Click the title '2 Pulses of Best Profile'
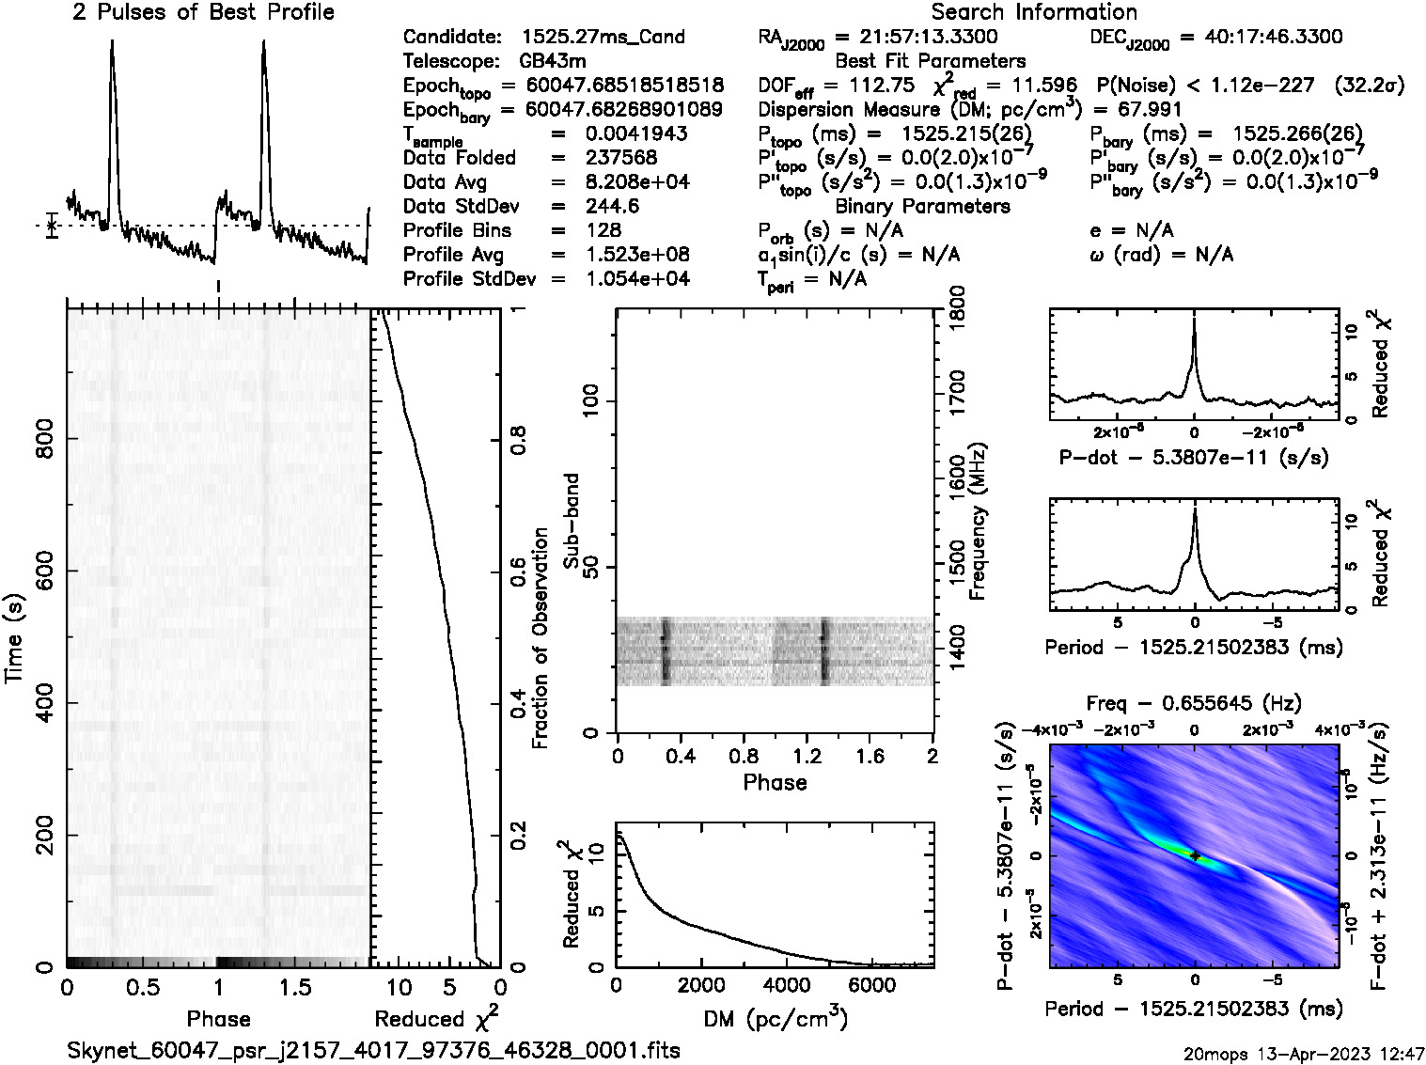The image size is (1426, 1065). click(203, 12)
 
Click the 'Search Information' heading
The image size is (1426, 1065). click(1034, 12)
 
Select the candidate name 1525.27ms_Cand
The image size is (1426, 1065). click(603, 38)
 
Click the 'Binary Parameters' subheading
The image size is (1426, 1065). click(922, 206)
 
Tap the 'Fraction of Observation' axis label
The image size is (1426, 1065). click(540, 638)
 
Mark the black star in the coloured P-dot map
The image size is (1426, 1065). click(1195, 855)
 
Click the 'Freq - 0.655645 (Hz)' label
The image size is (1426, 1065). click(1194, 703)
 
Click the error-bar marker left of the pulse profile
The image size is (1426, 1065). click(53, 226)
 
